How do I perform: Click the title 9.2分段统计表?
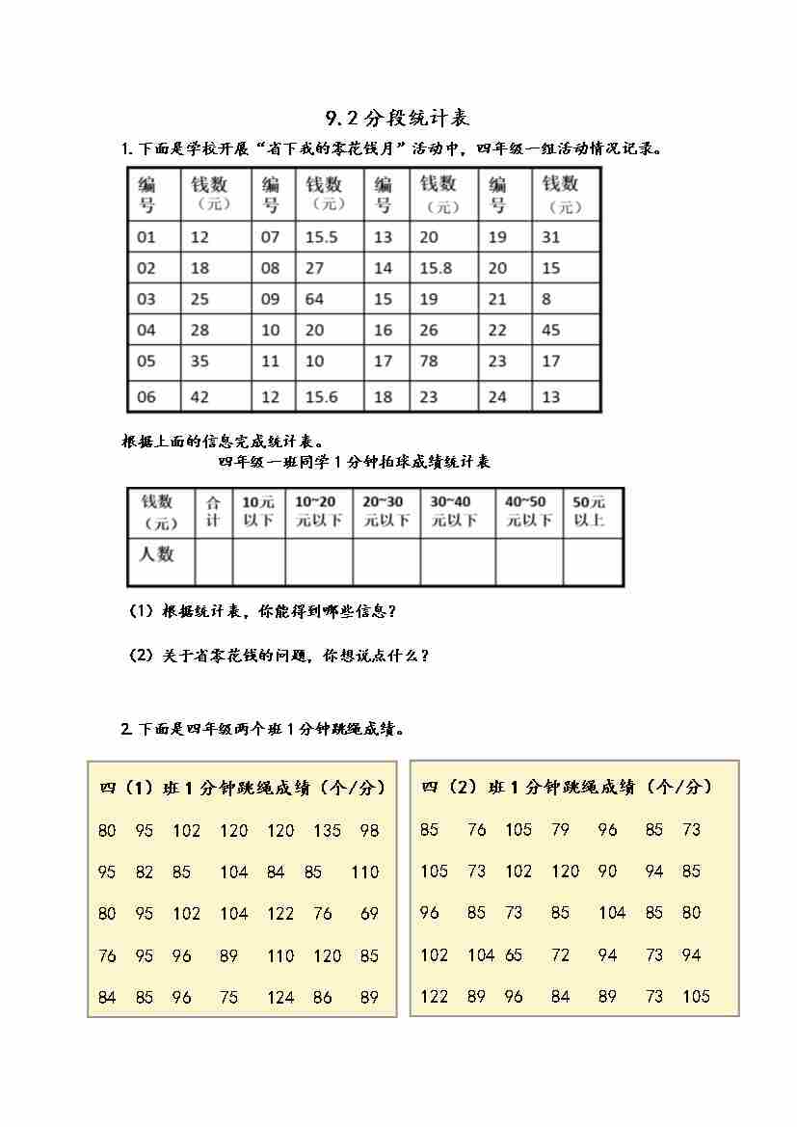397,118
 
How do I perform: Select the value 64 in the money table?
315,299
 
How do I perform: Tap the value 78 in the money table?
429,361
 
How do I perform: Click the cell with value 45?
551,330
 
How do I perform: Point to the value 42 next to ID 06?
199,391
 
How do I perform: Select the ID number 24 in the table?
497,391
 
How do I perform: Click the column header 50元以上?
589,511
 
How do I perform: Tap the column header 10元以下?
258,511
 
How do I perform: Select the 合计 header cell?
213,511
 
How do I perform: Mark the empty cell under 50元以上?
592,561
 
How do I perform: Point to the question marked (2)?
279,656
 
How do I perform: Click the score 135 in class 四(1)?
328,830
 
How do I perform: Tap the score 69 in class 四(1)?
369,913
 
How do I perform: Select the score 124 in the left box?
280,997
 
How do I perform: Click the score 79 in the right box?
560,829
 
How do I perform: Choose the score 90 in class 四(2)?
607,871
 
